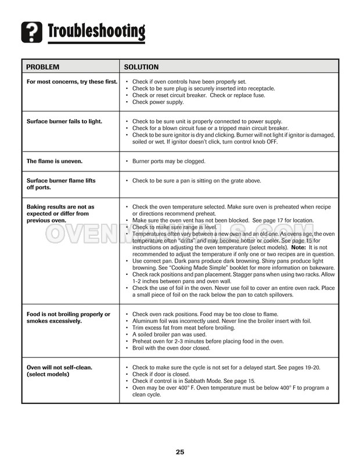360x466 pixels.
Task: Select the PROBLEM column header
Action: click(x=44, y=67)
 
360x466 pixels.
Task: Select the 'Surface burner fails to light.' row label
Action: click(x=64, y=121)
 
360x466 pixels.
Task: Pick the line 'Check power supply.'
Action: click(x=158, y=102)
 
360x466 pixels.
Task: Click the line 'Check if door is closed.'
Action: click(x=163, y=374)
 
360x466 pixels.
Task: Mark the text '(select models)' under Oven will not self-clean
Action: click(x=48, y=374)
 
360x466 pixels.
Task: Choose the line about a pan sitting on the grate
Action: click(x=197, y=181)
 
